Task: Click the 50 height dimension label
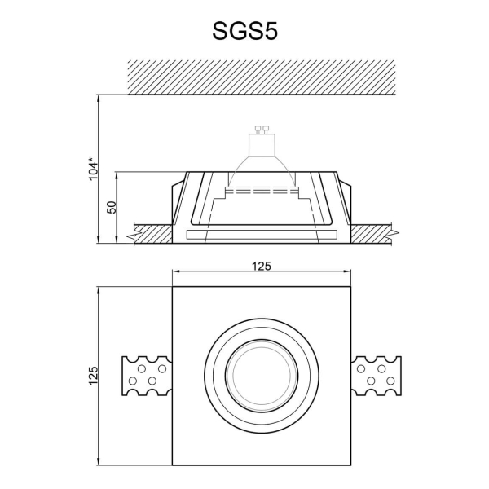pos(111,207)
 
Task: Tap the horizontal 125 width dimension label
pos(261,267)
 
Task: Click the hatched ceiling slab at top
pos(261,77)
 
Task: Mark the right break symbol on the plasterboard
pos(394,235)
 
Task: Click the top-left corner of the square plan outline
pos(172,286)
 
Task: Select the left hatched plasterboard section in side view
pos(151,235)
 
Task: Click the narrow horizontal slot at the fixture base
pos(261,235)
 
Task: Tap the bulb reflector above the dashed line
pos(262,167)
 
